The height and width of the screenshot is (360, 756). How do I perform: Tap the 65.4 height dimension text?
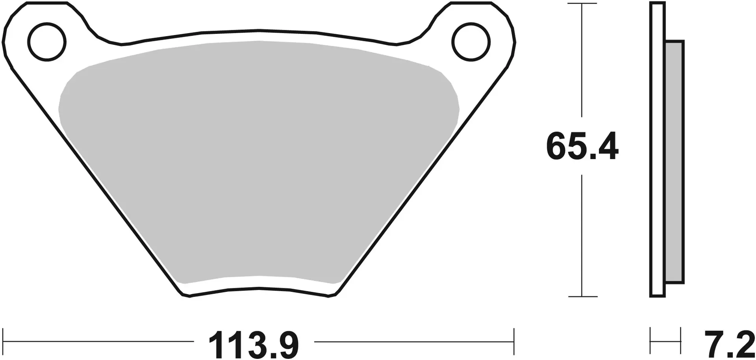(x=582, y=147)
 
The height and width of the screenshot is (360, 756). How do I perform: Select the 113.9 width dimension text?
(x=254, y=345)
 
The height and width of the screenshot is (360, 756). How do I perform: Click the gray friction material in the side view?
(x=674, y=161)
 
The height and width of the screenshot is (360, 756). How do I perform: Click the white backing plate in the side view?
(x=658, y=150)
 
